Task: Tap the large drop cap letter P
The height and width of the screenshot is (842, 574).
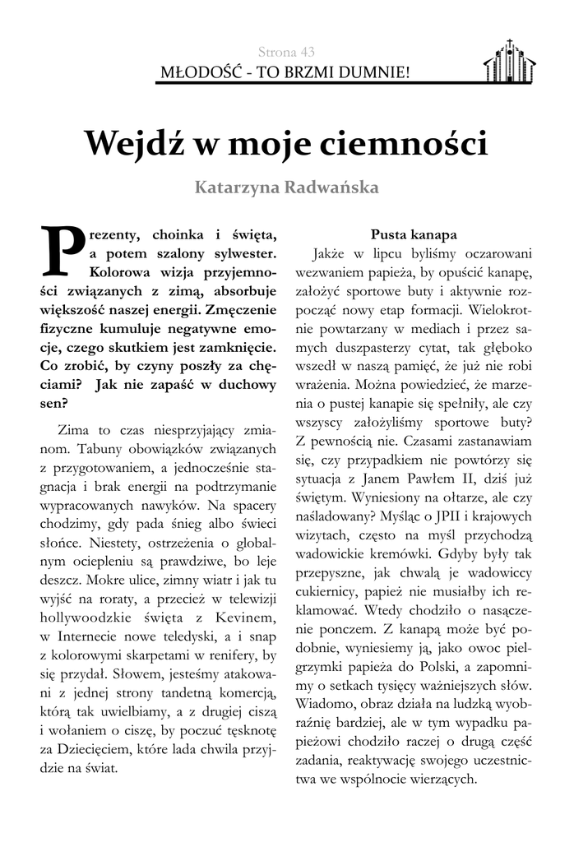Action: pos(59,247)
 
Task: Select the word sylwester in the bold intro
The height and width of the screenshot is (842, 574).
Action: pos(239,252)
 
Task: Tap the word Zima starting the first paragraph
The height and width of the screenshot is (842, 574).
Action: pos(76,430)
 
